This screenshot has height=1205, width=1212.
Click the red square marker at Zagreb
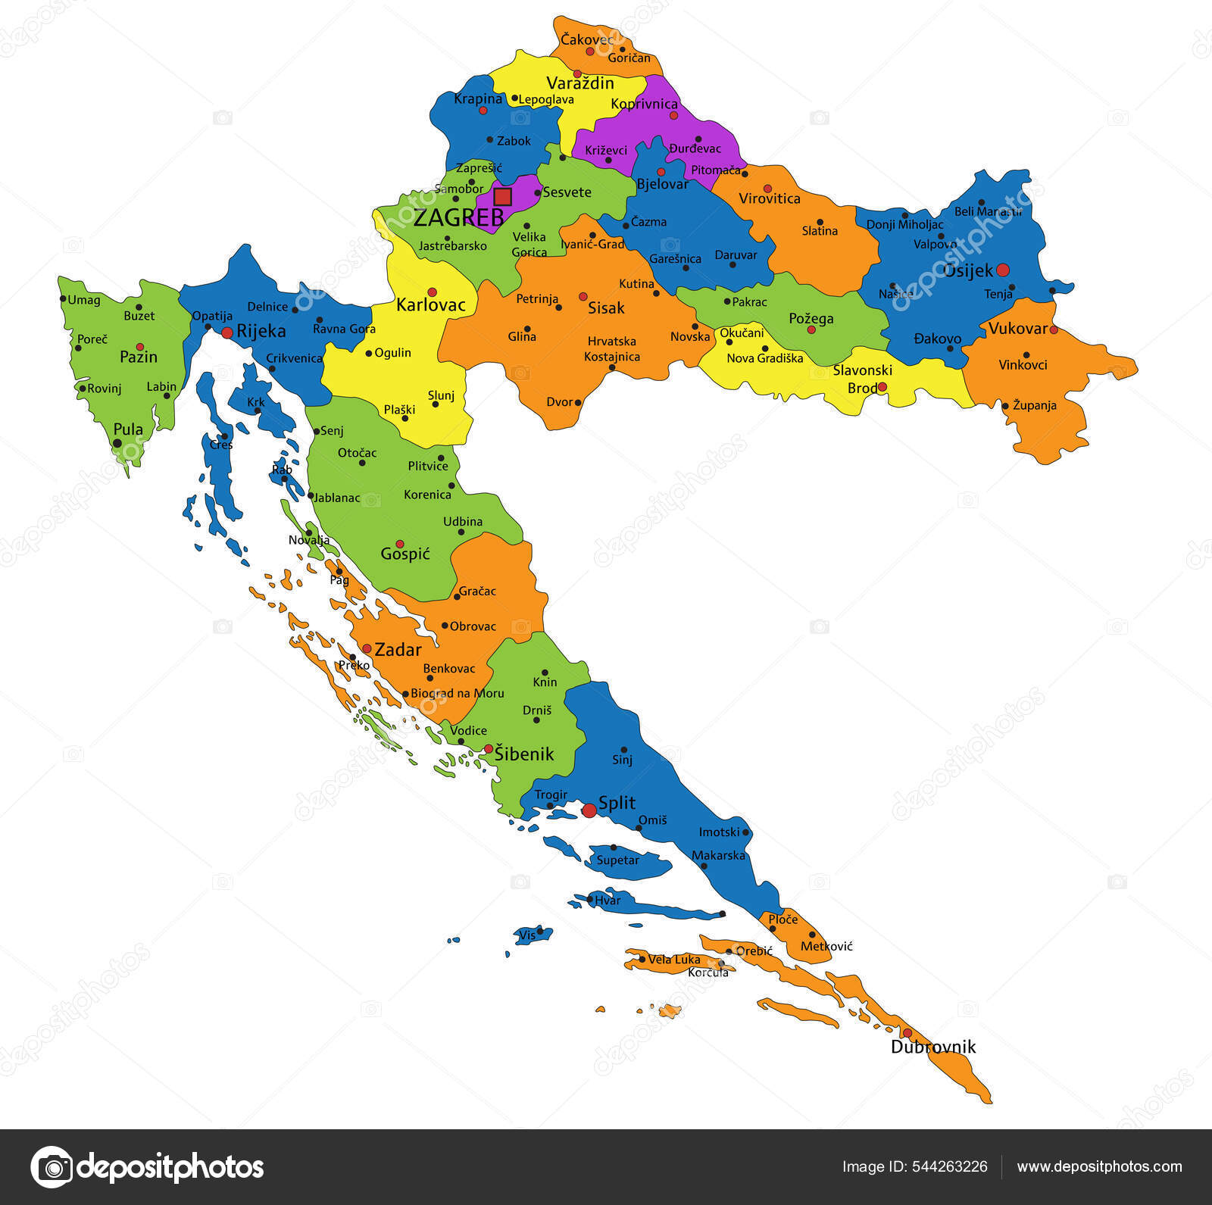[502, 197]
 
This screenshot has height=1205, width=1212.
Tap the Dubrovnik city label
[932, 1047]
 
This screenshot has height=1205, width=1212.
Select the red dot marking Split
[589, 810]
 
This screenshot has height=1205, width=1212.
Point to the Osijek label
[967, 270]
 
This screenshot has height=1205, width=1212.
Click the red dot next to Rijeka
[226, 332]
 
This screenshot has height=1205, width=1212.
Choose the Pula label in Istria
[128, 429]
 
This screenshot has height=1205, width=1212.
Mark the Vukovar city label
[1018, 328]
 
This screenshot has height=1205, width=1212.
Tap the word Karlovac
[430, 304]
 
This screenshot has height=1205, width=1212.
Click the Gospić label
[405, 554]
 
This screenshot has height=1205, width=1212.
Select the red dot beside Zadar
[367, 648]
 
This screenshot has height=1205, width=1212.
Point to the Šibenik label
[524, 754]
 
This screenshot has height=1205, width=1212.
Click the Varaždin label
[579, 83]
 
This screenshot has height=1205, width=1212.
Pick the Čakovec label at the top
[587, 39]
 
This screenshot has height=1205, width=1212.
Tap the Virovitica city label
[769, 198]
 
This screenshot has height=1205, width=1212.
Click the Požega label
[811, 318]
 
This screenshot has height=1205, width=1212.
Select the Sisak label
[606, 307]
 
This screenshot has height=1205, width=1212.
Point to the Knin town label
[545, 682]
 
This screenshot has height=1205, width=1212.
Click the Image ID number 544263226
[951, 1166]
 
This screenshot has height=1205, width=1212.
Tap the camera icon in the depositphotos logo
[52, 1167]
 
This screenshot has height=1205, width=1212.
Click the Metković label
[826, 946]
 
